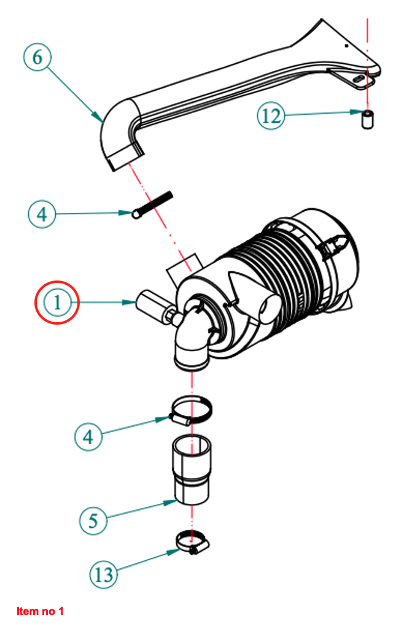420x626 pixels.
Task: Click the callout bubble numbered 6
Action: [x=37, y=58]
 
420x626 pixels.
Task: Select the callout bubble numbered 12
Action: [x=271, y=116]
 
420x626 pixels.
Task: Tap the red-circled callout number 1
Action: [x=57, y=303]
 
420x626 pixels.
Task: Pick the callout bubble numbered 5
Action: [x=93, y=521]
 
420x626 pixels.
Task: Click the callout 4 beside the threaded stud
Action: [x=42, y=214]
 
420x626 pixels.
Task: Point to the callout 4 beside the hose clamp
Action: [x=88, y=436]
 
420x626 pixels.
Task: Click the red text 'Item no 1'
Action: [x=41, y=611]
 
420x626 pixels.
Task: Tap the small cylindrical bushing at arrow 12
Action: [x=368, y=120]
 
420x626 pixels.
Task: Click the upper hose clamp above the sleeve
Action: [x=193, y=410]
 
